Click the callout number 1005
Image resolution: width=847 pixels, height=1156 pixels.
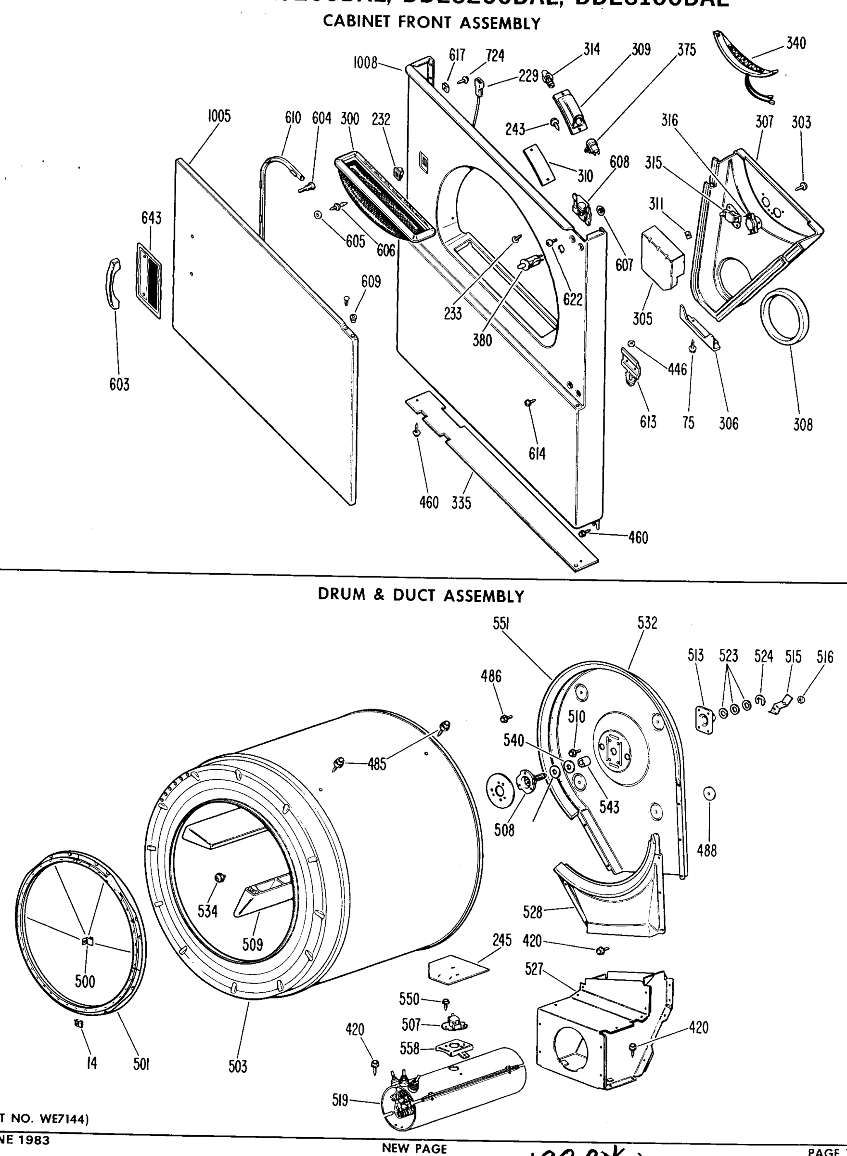point(219,117)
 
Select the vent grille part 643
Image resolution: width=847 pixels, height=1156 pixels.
point(149,281)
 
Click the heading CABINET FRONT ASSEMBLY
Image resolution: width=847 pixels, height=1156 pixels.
point(432,23)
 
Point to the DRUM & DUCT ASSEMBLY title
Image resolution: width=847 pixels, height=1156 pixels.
point(421,595)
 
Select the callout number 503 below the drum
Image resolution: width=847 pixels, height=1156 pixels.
point(238,1067)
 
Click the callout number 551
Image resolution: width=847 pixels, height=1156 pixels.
point(500,623)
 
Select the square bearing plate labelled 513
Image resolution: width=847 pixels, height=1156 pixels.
point(704,718)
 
